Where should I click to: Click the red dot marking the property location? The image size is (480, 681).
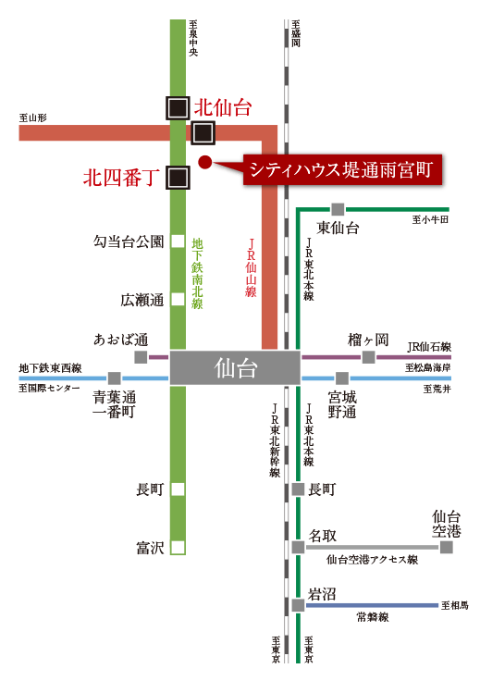click(x=204, y=162)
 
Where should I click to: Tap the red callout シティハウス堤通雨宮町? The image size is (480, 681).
click(x=342, y=170)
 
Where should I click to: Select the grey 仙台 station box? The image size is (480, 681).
click(x=235, y=368)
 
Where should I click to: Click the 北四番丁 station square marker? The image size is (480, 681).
click(x=178, y=178)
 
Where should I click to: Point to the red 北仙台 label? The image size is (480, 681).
click(x=223, y=107)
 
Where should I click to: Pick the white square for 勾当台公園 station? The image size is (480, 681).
click(x=178, y=241)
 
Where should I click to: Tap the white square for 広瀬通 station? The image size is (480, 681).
click(x=178, y=299)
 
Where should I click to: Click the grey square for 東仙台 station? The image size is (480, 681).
click(x=338, y=209)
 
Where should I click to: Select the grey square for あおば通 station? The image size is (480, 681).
click(x=141, y=357)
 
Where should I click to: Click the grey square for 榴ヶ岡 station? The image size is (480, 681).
click(x=368, y=357)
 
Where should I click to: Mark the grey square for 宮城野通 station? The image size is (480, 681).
click(x=342, y=378)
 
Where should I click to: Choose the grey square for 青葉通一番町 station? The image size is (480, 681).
click(x=114, y=378)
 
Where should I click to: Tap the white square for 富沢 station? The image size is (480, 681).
click(x=178, y=547)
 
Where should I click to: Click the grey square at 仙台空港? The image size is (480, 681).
click(x=446, y=547)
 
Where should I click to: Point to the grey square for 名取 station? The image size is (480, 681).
click(x=298, y=547)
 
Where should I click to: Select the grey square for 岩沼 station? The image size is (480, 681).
click(x=298, y=605)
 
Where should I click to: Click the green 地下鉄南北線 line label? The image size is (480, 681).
click(x=198, y=273)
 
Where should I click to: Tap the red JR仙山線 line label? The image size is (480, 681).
click(x=251, y=268)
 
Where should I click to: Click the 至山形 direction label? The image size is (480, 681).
click(x=33, y=118)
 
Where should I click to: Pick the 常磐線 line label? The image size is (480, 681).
click(x=373, y=617)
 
